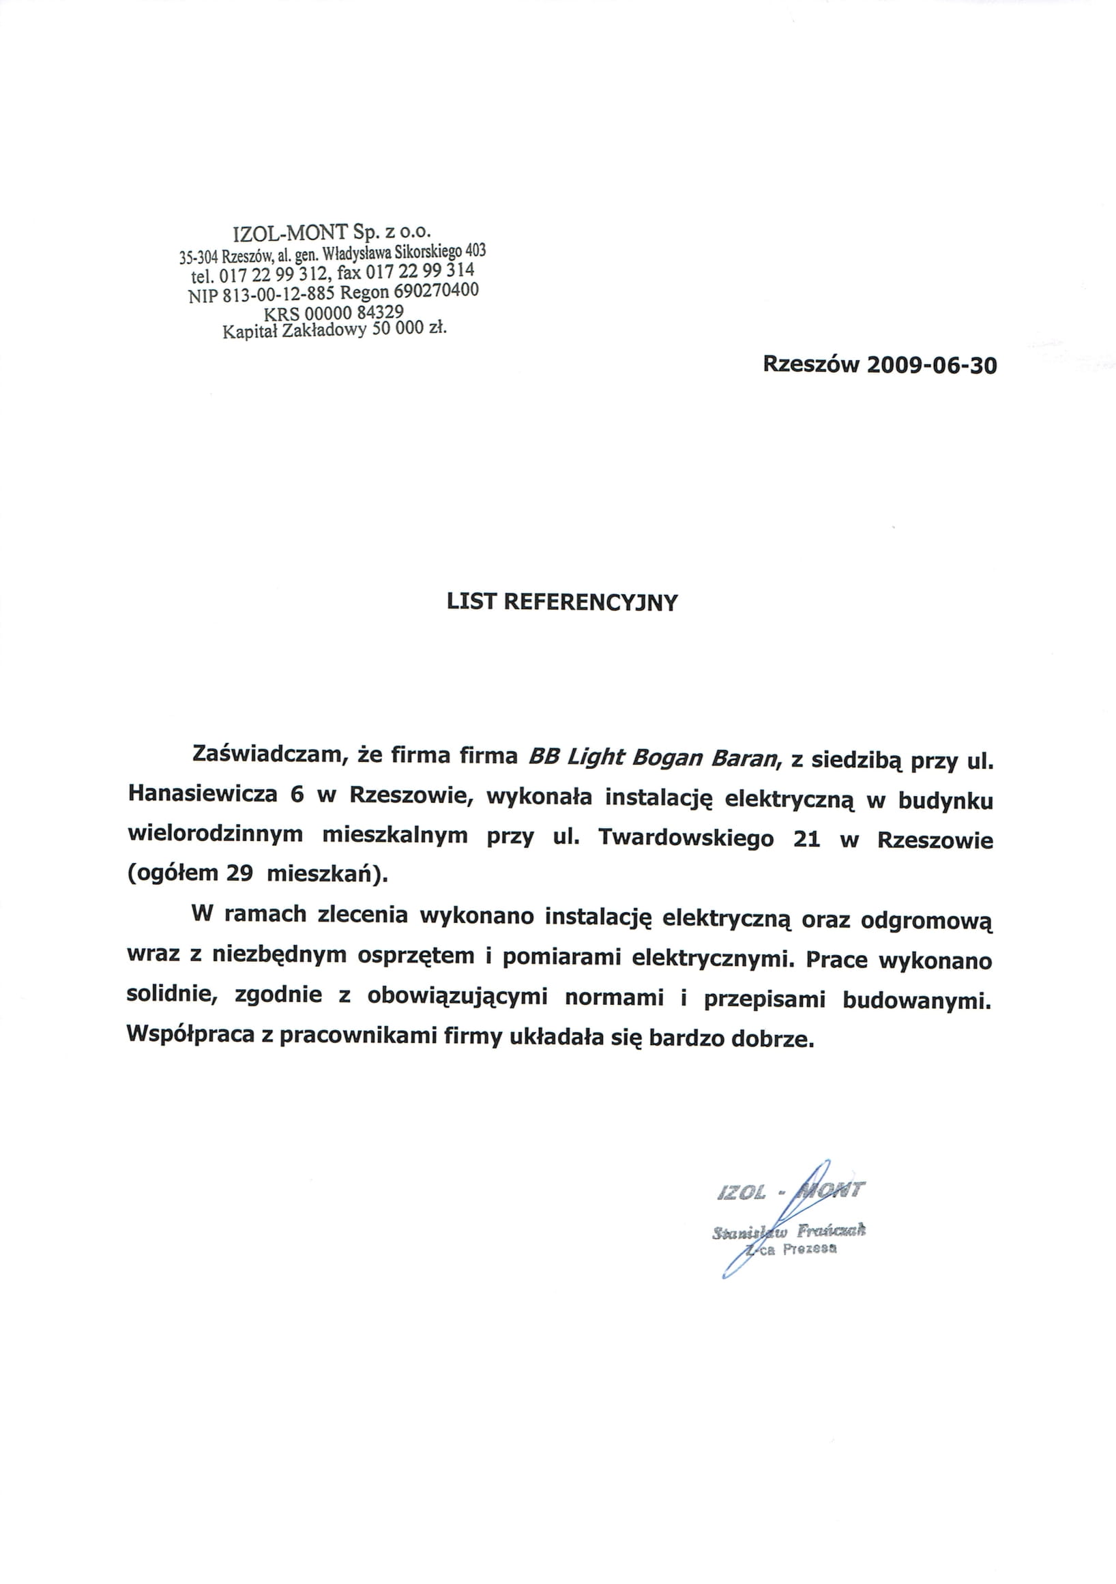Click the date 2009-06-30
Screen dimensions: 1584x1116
click(931, 365)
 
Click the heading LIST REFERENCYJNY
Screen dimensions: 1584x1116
click(562, 602)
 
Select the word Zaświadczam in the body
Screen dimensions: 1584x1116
click(267, 754)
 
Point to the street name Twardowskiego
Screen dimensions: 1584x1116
click(686, 838)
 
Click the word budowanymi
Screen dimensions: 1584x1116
click(917, 1000)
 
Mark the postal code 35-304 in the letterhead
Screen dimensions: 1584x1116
click(199, 258)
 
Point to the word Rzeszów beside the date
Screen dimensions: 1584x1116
click(810, 364)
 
